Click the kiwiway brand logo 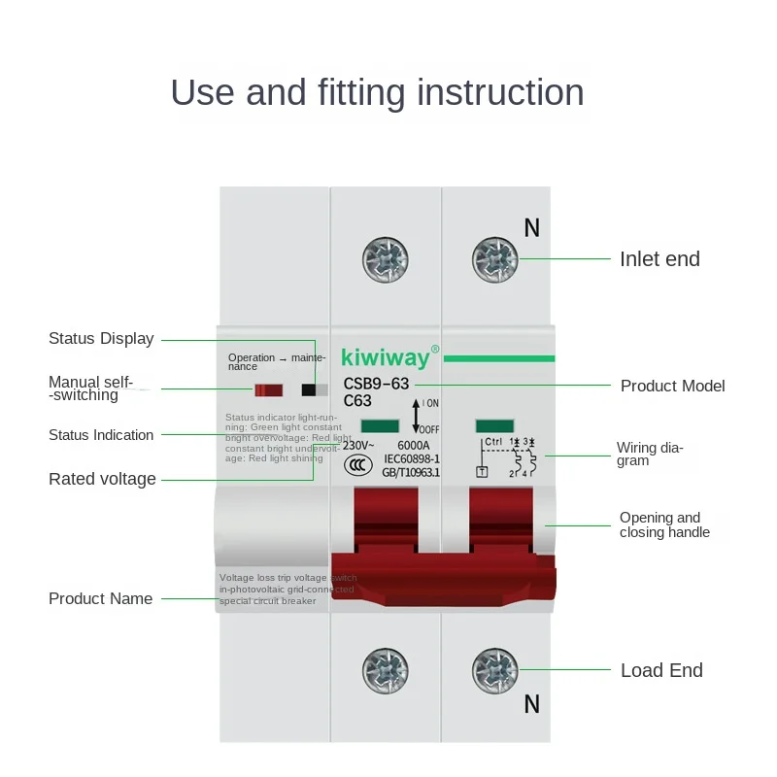click(385, 358)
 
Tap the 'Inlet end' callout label click(659, 259)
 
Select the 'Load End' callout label click(661, 670)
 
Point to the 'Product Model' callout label click(672, 386)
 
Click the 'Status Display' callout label click(101, 339)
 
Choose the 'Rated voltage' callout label click(102, 479)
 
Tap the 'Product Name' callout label click(100, 598)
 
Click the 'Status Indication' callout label click(101, 435)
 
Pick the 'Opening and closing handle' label click(664, 525)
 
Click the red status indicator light click(268, 390)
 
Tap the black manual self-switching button click(310, 390)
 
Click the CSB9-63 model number click(376, 384)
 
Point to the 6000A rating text click(414, 445)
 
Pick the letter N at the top click(531, 228)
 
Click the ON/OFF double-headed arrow click(416, 416)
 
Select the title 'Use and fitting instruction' click(377, 92)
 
